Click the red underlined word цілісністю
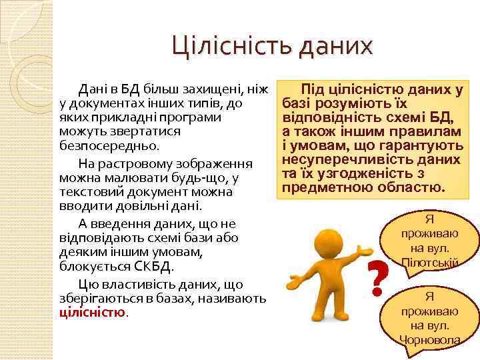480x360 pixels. (92, 311)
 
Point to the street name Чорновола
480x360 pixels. (430, 339)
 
